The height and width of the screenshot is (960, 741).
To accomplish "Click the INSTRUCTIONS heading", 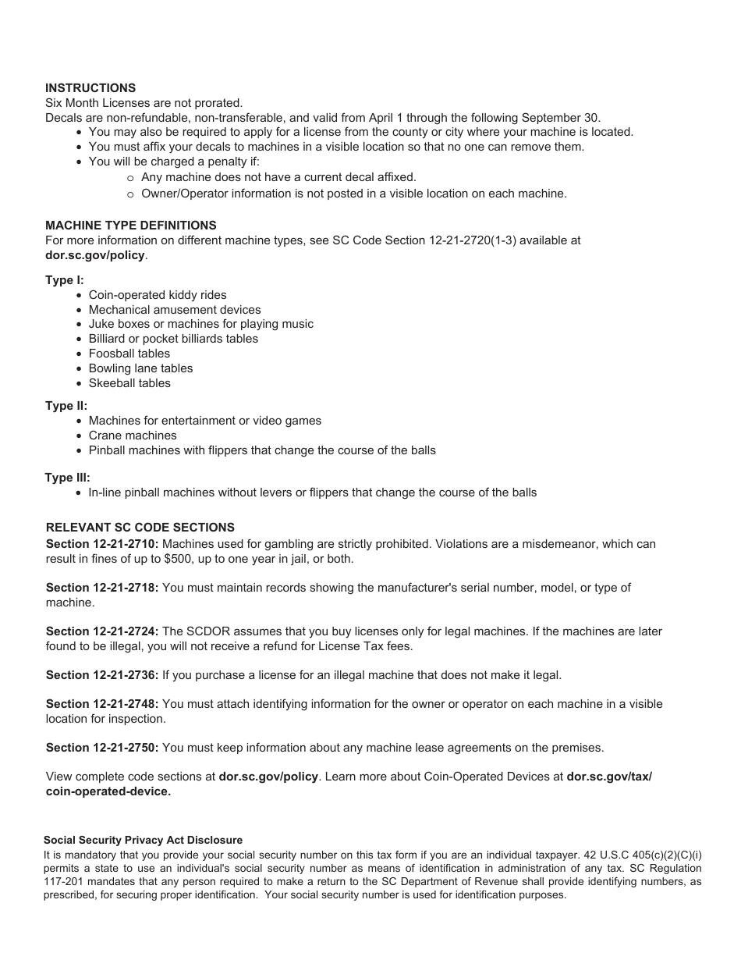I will coord(90,88).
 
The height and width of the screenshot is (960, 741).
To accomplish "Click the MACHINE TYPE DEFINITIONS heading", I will coord(131,226).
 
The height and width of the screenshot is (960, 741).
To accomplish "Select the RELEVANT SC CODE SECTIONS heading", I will coord(140,528).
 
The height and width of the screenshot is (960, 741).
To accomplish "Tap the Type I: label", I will coord(65,280).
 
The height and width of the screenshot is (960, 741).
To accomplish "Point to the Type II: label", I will coord(66,406).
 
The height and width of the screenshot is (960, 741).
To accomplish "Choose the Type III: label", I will coord(68,478).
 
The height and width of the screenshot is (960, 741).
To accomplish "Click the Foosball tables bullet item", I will coord(129,354).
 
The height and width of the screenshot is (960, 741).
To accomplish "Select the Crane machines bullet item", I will coord(133,436).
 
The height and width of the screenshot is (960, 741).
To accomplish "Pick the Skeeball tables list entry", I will coord(129,383).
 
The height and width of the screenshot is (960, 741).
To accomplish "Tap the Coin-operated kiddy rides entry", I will coord(158,295).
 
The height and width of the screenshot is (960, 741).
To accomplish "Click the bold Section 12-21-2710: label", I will coord(102,544).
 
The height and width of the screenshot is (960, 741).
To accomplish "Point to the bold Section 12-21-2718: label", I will coord(102,588).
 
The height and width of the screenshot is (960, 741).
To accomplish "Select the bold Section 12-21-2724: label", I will coord(102,631).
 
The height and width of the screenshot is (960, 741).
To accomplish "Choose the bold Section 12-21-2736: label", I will coord(102,675).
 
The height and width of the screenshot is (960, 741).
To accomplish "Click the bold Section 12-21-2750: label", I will coord(102,748).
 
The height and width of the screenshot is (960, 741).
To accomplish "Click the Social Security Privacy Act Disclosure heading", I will coord(143,841).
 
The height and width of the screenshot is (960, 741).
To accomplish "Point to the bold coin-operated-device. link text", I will coord(108,791).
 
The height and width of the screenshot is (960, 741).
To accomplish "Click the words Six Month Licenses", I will coord(89,103).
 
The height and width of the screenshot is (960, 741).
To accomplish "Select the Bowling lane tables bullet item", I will coord(140,368).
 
